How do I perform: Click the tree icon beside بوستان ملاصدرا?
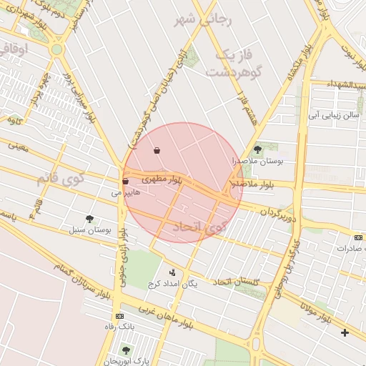coord(257,149)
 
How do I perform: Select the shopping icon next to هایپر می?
coord(125,182)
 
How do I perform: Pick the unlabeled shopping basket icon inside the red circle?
coord(157,151)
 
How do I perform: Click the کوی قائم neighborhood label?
coord(59,177)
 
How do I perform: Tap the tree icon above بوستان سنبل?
coord(89,219)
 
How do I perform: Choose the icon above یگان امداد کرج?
coord(172,272)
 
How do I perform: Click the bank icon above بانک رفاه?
coord(119,315)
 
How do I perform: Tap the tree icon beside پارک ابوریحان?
coord(127,350)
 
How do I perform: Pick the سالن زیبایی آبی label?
coord(332,114)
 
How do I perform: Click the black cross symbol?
coord(345,332)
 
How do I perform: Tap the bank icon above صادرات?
coord(358,237)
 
